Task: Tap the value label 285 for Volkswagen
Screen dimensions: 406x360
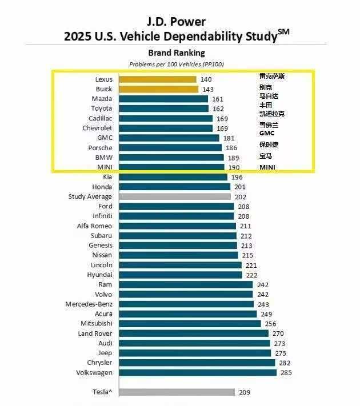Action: [x=286, y=373]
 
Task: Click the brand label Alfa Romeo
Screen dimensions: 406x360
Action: [x=94, y=226]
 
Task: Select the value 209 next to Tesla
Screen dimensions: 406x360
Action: [x=244, y=392]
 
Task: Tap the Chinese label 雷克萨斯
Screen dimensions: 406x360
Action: [x=271, y=76]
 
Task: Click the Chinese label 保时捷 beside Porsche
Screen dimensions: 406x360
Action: [x=269, y=144]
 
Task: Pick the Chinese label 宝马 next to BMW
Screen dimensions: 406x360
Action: [x=265, y=156]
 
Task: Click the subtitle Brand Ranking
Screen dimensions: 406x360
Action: [x=177, y=53]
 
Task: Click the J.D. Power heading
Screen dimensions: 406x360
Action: [x=176, y=22]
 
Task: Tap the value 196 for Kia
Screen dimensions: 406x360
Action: [x=237, y=177]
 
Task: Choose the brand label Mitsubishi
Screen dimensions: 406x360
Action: [x=96, y=324]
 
